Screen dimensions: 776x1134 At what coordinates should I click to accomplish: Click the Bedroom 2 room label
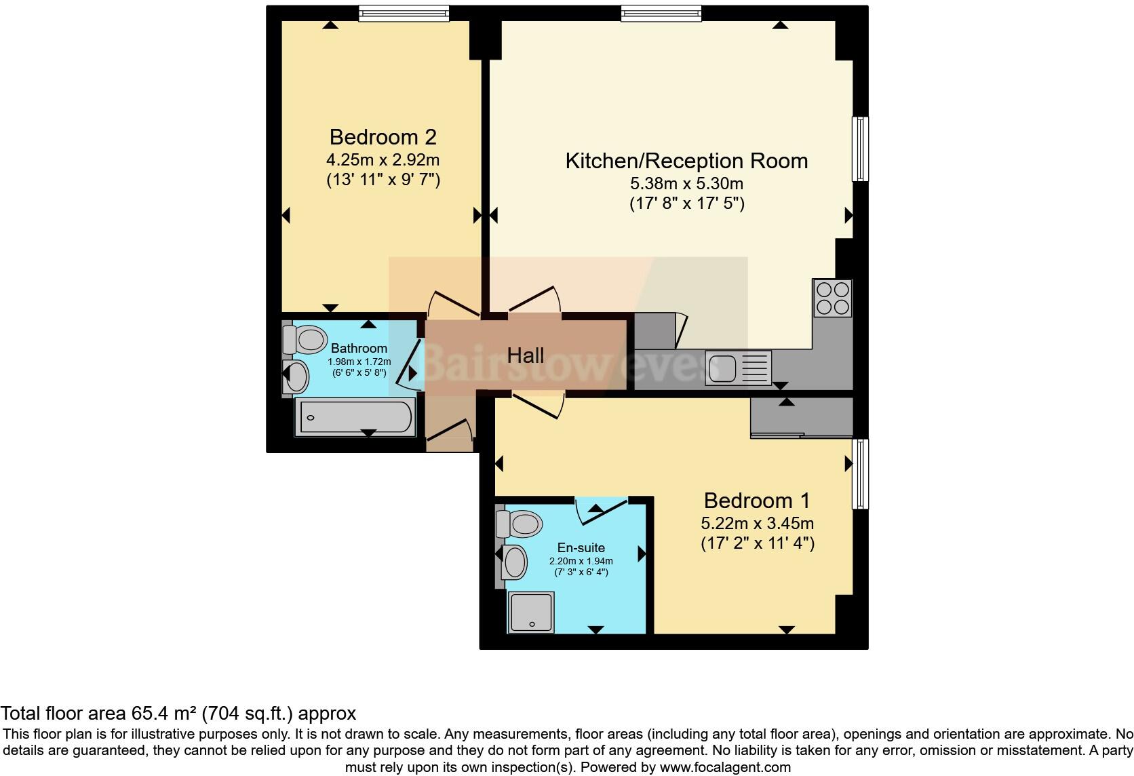383,137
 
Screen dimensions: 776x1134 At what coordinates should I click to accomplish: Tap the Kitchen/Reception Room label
686,161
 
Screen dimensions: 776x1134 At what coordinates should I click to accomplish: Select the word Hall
526,355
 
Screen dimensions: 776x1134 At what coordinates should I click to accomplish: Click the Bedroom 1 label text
757,501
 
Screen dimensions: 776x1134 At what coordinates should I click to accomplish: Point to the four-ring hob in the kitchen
833,298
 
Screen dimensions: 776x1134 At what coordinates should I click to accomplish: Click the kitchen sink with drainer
738,368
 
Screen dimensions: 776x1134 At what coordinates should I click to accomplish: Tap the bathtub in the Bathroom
355,416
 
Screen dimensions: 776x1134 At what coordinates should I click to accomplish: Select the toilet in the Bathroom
305,338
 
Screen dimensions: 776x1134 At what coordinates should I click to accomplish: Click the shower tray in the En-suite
531,612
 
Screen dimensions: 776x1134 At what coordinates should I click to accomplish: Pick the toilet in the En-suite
519,524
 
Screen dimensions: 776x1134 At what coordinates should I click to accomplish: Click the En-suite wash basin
515,562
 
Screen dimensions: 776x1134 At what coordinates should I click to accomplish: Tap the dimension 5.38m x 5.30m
686,183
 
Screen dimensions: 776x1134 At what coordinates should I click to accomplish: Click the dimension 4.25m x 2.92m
383,160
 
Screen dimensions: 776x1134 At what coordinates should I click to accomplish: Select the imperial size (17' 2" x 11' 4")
757,543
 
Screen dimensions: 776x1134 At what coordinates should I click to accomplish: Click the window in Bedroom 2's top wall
404,13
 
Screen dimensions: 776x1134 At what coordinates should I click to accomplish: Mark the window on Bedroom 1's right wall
860,473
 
